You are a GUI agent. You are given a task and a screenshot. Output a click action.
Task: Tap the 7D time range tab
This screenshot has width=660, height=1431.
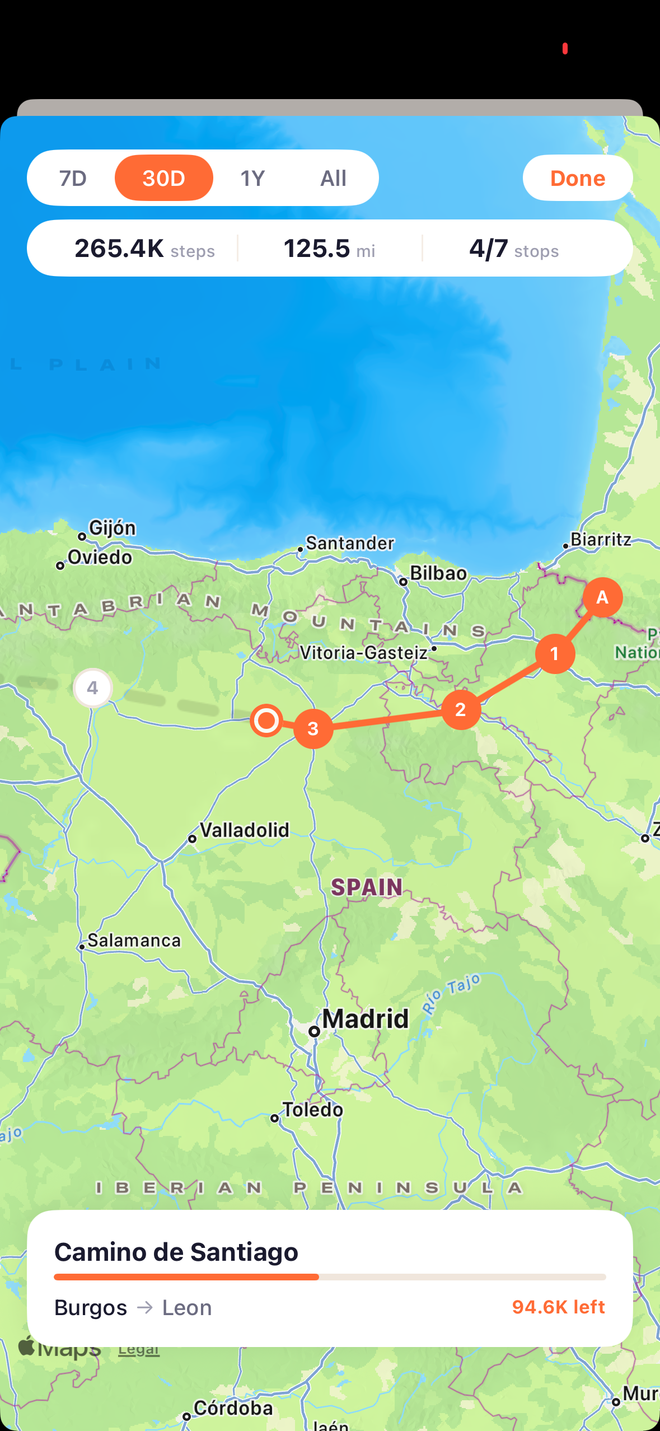click(73, 178)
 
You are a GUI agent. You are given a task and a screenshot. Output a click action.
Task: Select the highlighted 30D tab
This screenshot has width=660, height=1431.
click(163, 178)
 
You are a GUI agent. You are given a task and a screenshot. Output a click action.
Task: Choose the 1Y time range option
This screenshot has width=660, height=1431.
click(252, 178)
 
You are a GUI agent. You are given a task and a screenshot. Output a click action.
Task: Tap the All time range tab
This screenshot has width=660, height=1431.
click(333, 178)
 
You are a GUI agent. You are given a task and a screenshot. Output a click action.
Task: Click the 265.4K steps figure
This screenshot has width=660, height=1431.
click(144, 249)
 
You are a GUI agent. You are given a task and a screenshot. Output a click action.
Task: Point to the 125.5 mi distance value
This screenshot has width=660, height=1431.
click(329, 249)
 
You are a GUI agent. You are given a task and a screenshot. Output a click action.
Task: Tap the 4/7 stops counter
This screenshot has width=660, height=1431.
click(513, 249)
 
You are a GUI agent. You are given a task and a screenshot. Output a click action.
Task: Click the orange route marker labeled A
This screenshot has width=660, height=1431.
click(602, 597)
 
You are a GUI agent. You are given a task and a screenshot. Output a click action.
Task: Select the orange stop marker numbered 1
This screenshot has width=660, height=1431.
click(555, 653)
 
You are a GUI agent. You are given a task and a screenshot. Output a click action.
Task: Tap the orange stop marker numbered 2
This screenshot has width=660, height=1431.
click(461, 709)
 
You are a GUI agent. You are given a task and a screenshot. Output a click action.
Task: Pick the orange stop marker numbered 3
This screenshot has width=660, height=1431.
click(313, 728)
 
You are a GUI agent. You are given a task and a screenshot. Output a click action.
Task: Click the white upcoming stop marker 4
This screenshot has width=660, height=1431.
click(92, 688)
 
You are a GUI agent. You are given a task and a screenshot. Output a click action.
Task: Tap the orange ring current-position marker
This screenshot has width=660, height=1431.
click(266, 720)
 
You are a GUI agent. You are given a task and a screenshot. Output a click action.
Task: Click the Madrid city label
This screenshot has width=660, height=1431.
click(365, 1019)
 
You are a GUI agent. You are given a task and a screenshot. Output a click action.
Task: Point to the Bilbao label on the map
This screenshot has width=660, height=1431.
click(438, 573)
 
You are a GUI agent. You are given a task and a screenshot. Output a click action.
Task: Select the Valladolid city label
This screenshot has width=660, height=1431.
click(245, 830)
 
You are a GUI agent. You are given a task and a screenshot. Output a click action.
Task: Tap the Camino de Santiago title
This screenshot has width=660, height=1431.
click(176, 1252)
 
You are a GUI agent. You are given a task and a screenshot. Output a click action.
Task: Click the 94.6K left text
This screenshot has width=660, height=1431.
click(558, 1307)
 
